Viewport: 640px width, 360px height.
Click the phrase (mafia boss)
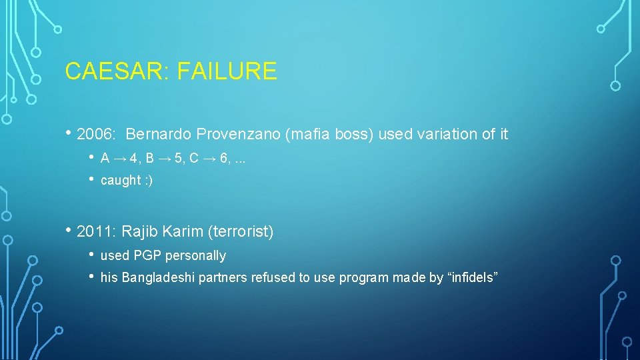click(x=329, y=135)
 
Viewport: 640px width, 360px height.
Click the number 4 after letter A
click(x=133, y=159)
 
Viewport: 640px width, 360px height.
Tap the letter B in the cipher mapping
click(x=149, y=159)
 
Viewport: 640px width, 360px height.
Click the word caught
click(x=120, y=181)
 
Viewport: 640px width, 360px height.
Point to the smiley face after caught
click(x=148, y=181)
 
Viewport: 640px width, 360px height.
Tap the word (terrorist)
click(x=241, y=232)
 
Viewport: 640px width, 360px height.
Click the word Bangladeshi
click(x=151, y=278)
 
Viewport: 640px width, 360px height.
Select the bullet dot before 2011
click(x=69, y=231)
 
